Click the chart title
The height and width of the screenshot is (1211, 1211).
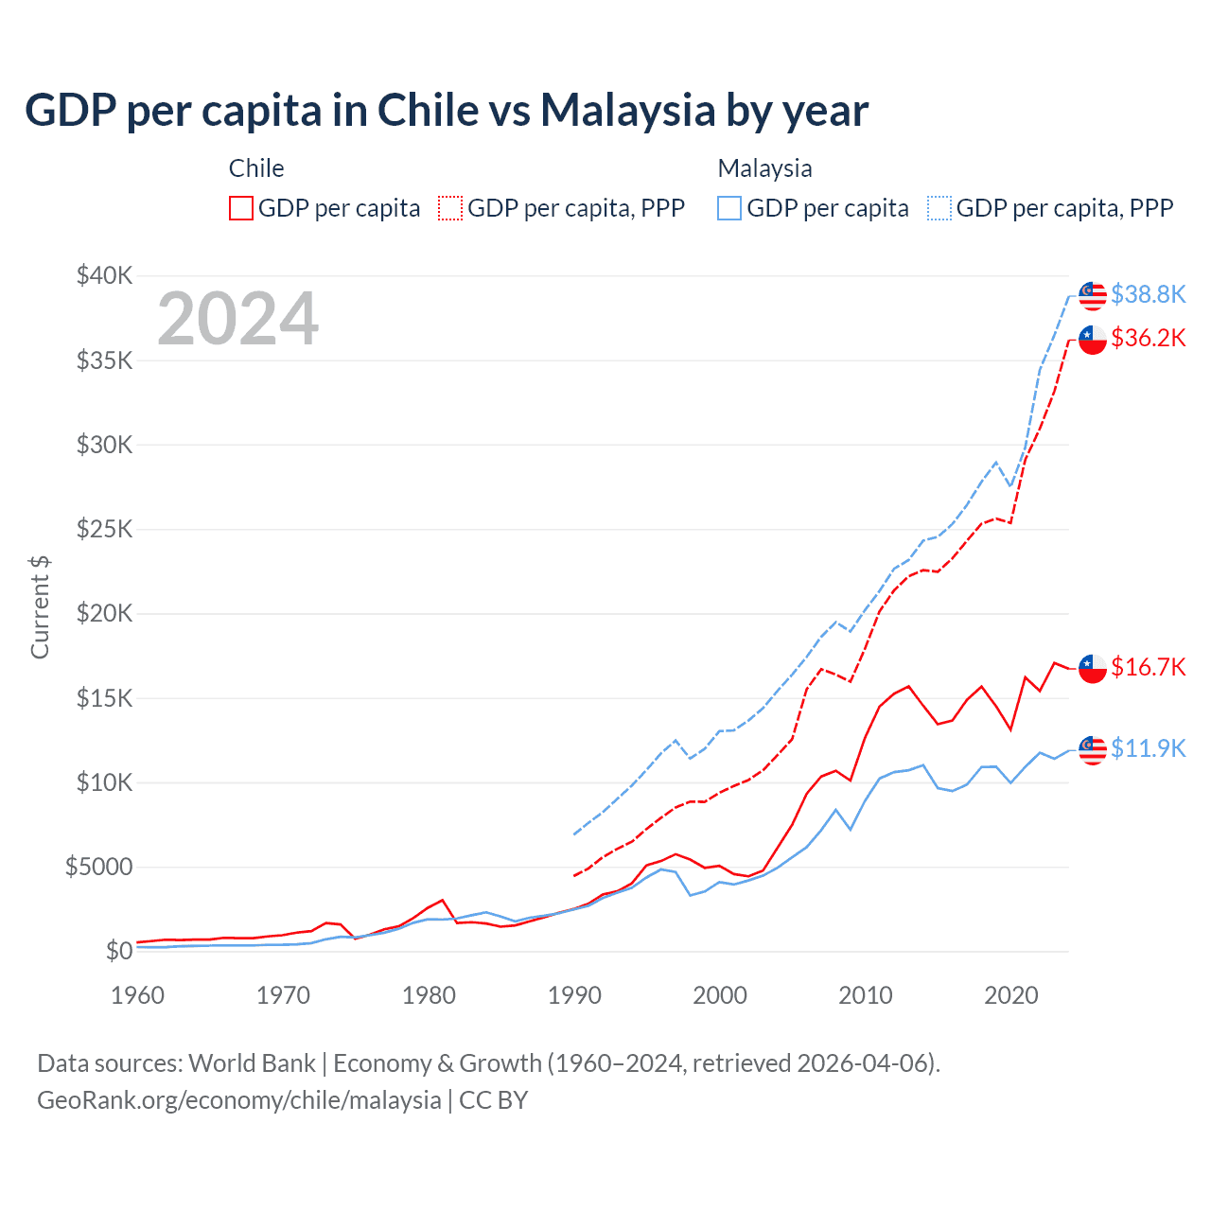coord(447,111)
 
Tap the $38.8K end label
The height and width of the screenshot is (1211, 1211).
coord(1148,295)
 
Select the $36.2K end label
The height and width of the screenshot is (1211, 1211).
coord(1148,339)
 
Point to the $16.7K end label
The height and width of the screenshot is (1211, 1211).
coord(1148,668)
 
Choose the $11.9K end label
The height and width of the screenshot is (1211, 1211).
coord(1148,749)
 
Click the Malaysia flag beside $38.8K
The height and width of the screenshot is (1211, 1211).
coord(1093,295)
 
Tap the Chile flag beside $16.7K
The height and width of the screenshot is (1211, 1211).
coord(1093,668)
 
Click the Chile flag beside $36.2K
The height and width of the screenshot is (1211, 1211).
coord(1093,339)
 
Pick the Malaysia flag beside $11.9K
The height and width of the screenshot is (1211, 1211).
coord(1093,749)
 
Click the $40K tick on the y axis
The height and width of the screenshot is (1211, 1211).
coord(104,276)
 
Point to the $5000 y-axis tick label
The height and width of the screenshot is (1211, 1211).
coord(98,868)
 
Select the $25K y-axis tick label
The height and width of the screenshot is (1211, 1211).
coord(104,529)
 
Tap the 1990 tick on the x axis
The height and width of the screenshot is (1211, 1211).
coord(574,995)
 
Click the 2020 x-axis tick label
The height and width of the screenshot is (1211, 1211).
coord(1011,995)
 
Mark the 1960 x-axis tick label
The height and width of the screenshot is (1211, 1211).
coord(138,995)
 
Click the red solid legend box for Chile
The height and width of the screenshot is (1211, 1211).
coord(241,208)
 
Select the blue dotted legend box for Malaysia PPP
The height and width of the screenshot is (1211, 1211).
coord(939,208)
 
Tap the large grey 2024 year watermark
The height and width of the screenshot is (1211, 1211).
coord(238,319)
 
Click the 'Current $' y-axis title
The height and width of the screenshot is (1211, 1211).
coord(40,607)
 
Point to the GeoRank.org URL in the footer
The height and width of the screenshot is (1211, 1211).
coord(239,1100)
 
